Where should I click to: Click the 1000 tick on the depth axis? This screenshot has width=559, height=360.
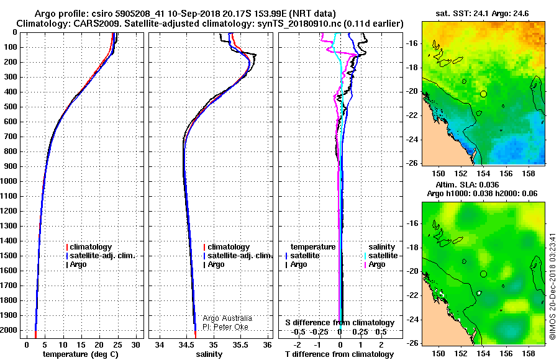point(9,181)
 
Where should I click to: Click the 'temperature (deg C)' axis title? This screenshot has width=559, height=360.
point(81,354)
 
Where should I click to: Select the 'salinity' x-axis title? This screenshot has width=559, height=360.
point(209,354)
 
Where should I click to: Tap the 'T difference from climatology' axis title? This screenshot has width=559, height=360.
point(339,354)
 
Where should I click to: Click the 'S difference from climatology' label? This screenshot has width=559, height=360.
point(340,323)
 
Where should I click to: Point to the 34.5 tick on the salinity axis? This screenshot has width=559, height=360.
point(186,344)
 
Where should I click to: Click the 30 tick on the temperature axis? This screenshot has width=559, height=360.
point(135,344)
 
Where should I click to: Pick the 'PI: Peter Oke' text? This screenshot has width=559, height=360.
point(225,327)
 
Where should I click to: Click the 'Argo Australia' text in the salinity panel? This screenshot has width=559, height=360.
point(227,318)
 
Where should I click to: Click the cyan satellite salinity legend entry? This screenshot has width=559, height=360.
point(381,256)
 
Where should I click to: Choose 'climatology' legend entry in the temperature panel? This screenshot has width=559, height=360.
point(89,246)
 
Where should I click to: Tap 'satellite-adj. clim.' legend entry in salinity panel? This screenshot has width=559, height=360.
point(238,256)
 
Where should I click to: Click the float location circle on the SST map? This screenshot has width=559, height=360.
point(483,94)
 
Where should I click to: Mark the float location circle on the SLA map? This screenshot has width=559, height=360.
point(483,274)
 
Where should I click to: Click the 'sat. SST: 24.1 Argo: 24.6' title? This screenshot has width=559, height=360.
point(482,14)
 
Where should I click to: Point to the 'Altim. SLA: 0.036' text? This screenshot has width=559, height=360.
point(467,184)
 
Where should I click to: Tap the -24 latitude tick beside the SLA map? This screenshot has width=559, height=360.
point(412,320)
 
